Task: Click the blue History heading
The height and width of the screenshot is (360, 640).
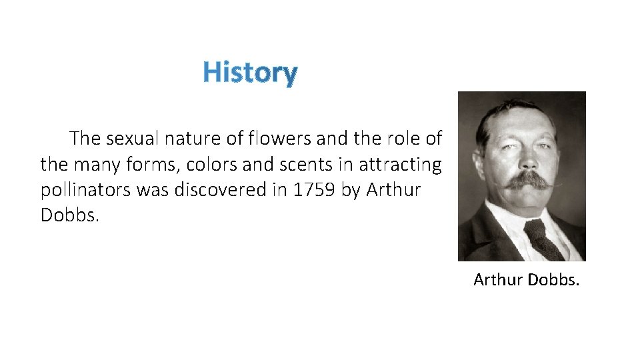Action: [250, 72]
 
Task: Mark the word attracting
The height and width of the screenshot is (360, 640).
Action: [400, 165]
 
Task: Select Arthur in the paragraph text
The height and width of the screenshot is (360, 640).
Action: [393, 190]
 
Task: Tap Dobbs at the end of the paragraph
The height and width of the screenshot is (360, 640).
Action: [69, 215]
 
